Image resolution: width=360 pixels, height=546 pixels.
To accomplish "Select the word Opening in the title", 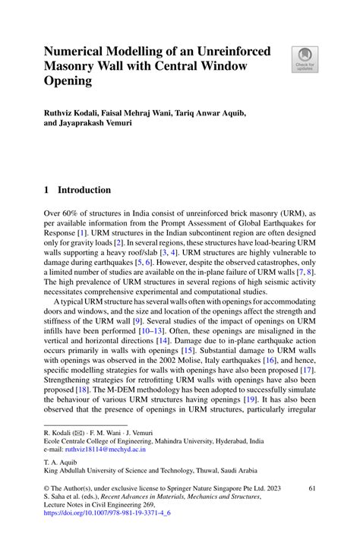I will [67, 80].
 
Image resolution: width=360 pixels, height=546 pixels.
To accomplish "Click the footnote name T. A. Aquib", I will [62, 462].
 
